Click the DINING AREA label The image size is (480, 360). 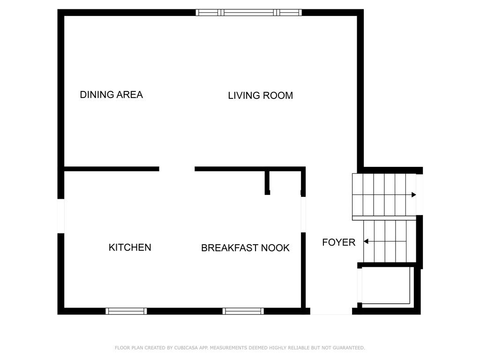point(112,95)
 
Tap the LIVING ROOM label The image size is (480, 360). point(261,96)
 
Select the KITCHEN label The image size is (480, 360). point(130,247)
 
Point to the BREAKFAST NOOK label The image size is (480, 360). point(245,247)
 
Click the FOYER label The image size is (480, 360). point(338,242)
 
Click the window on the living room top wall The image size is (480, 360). point(248,13)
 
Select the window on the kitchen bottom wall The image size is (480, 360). point(126,311)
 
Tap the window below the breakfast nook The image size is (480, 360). point(243,311)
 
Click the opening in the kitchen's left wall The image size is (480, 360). point(61,216)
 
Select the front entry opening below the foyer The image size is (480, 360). point(331,311)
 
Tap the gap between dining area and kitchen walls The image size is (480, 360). point(177,169)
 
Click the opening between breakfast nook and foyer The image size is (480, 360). point(303,215)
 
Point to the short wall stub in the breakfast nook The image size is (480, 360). point(267,183)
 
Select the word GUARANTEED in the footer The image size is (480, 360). point(349,348)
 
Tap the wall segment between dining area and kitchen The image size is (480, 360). point(112,169)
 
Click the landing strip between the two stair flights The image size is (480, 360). point(384,218)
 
